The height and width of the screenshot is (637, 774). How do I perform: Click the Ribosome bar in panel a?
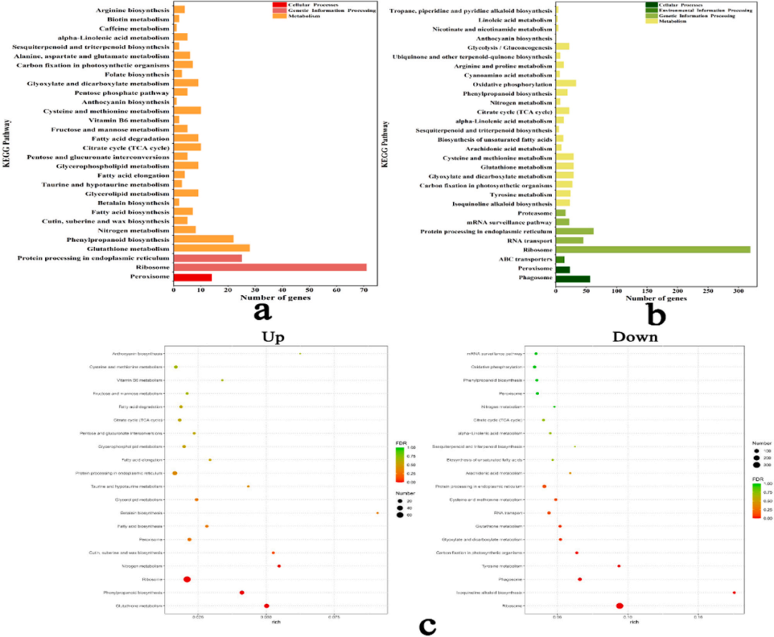point(269,267)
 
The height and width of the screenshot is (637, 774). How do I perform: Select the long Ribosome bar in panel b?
point(652,250)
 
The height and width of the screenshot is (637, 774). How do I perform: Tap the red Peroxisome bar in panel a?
point(193,276)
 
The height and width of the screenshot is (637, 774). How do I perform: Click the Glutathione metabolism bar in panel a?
point(211,248)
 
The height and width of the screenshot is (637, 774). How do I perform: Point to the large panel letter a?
point(262,311)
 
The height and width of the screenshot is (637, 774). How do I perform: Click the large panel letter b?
point(655,312)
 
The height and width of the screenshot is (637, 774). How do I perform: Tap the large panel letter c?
point(428,624)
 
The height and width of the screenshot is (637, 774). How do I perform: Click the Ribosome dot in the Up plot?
point(187,580)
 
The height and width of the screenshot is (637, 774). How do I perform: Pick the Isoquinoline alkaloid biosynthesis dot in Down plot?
point(735,593)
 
